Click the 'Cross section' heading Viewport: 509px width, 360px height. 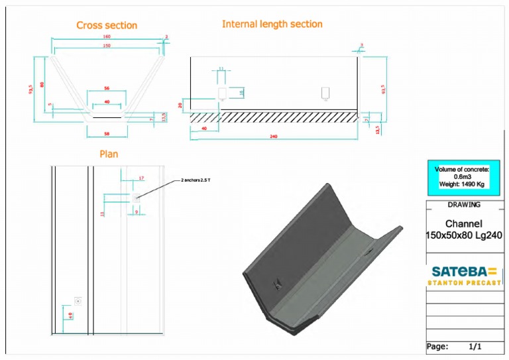tap(107, 25)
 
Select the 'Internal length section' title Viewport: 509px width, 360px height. tap(272, 24)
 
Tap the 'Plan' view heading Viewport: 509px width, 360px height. tap(109, 154)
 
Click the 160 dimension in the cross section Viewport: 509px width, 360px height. tap(107, 37)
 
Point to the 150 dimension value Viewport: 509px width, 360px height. tap(107, 46)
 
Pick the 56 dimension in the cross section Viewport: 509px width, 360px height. tap(107, 88)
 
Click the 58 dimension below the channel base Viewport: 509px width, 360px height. tap(107, 134)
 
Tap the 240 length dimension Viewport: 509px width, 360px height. tap(273, 137)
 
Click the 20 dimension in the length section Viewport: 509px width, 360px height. tap(180, 105)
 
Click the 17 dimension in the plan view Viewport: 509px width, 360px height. tap(141, 178)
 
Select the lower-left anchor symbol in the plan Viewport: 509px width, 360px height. tap(78, 300)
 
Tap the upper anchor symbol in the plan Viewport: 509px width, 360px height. tap(136, 198)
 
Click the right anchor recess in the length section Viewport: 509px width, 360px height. tap(325, 92)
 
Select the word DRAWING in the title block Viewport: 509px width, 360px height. tap(464, 204)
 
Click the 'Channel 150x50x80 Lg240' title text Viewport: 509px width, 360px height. tap(463, 229)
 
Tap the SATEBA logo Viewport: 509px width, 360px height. tap(463, 274)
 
